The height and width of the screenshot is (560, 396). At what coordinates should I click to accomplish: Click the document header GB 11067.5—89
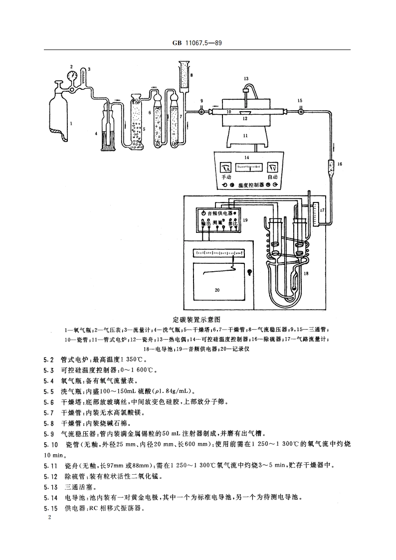coord(198,44)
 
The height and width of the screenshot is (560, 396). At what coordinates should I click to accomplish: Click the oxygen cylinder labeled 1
coord(60,117)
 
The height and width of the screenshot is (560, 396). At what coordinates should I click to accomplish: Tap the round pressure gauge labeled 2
coord(74,76)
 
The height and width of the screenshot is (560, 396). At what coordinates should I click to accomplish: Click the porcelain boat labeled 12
coord(245,113)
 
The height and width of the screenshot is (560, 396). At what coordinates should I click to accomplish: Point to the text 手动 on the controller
coord(226,177)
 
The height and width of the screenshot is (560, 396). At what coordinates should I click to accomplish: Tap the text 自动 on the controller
coord(272,177)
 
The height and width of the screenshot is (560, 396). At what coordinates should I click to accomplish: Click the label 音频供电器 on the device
coord(219,213)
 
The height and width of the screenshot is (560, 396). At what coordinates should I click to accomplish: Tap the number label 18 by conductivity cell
coord(306,274)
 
